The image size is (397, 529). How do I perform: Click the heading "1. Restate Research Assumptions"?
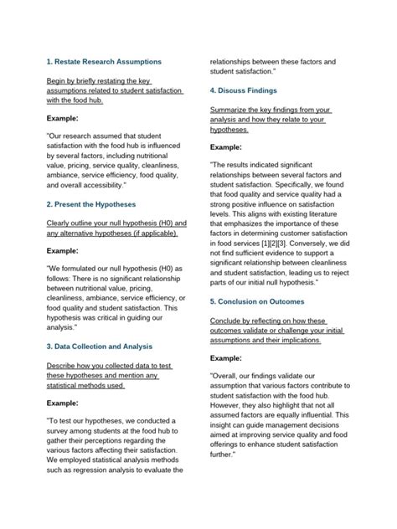103,62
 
